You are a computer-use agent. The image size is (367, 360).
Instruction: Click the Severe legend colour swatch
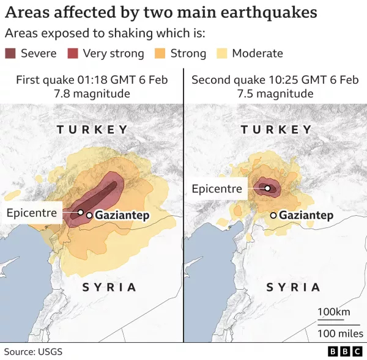point(11,53)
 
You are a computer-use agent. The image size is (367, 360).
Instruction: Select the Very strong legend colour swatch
point(73,53)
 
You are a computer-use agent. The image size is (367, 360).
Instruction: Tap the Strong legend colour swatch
point(161,53)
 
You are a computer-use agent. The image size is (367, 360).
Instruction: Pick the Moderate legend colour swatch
point(222,53)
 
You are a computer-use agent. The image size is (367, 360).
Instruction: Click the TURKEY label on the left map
point(92,130)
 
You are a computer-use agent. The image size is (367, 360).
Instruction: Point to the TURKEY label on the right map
point(276,130)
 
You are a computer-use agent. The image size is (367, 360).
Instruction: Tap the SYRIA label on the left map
point(109,287)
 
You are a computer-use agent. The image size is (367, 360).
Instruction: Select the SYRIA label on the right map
point(293,287)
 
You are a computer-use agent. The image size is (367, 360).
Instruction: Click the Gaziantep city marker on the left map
point(89,215)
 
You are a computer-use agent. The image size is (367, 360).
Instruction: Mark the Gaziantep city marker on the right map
point(273,215)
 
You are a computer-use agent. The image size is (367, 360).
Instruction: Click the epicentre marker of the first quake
point(80,212)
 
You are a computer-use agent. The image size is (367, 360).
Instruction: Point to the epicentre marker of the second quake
point(267,188)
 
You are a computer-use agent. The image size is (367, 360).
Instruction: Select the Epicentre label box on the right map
point(217,189)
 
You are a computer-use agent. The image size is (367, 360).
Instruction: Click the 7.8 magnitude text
point(92,94)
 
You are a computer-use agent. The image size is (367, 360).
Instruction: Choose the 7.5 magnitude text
point(275,94)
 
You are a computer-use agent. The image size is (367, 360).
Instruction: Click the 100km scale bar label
point(333,312)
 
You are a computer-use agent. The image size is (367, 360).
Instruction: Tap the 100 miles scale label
point(340,333)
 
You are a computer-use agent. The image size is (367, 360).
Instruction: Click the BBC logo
point(345,351)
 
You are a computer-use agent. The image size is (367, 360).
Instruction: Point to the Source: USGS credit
point(34,351)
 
